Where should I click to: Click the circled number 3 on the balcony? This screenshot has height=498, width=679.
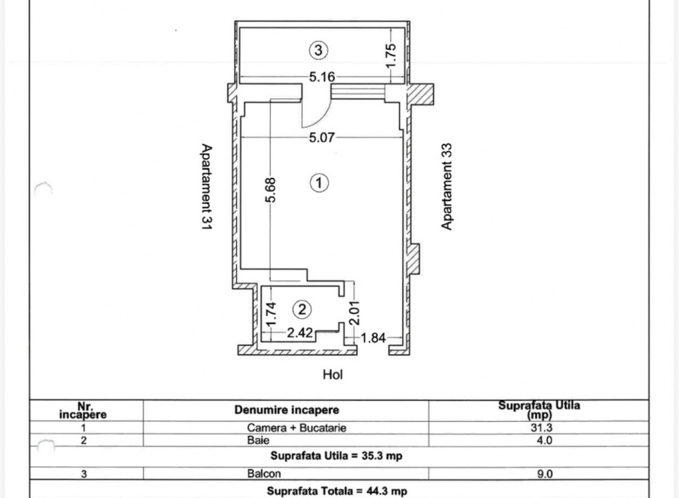pyautogui.click(x=318, y=50)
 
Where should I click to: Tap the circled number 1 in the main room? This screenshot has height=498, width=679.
pyautogui.click(x=319, y=183)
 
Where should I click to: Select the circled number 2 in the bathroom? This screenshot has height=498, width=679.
pyautogui.click(x=302, y=309)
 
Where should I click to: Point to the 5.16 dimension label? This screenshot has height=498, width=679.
pyautogui.click(x=322, y=77)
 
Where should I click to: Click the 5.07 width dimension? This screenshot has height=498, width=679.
pyautogui.click(x=322, y=138)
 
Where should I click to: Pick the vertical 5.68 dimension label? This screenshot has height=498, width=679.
pyautogui.click(x=271, y=190)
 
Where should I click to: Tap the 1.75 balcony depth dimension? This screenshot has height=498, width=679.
pyautogui.click(x=390, y=55)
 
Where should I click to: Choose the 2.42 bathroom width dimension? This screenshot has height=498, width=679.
pyautogui.click(x=300, y=332)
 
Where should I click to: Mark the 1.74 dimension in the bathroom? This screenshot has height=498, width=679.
pyautogui.click(x=271, y=314)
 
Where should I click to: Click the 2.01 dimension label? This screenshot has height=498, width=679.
pyautogui.click(x=354, y=313)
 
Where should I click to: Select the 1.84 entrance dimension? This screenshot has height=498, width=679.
pyautogui.click(x=373, y=338)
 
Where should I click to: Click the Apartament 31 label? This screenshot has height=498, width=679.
pyautogui.click(x=206, y=187)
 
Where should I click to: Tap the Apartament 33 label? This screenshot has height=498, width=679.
pyautogui.click(x=446, y=187)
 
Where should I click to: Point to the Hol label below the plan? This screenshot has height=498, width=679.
pyautogui.click(x=332, y=374)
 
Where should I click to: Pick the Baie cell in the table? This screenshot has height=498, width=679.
pyautogui.click(x=259, y=440)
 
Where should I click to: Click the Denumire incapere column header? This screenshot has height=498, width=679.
pyautogui.click(x=287, y=409)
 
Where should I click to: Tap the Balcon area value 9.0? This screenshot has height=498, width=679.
pyautogui.click(x=545, y=474)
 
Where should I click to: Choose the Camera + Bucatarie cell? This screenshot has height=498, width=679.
pyautogui.click(x=297, y=427)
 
